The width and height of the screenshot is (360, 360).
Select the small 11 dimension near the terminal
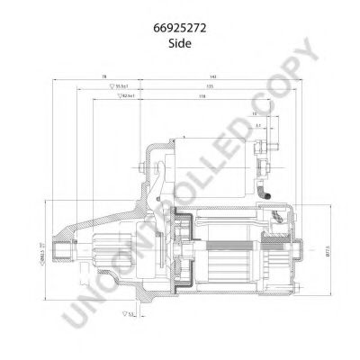click(x=256, y=115)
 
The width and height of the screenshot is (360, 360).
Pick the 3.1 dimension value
click(x=258, y=126)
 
